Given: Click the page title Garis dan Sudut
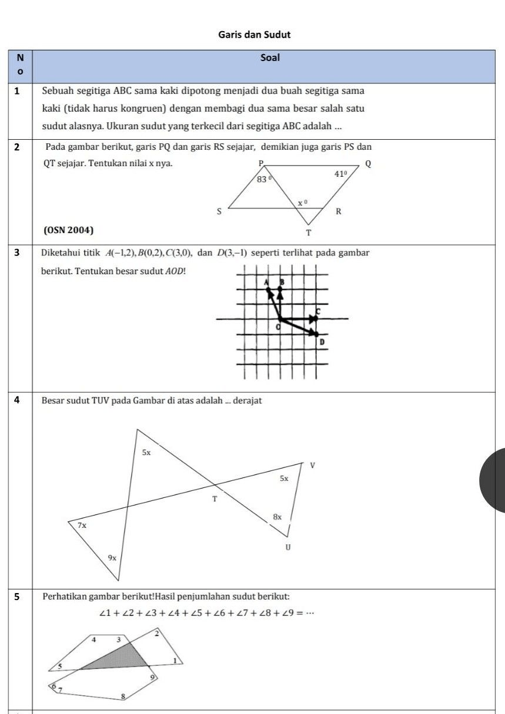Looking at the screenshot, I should click(255, 35).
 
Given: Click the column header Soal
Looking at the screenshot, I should click(270, 58).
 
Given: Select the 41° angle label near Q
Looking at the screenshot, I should click(341, 174).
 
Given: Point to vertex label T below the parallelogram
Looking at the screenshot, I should click(309, 233).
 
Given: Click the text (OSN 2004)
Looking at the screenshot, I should click(69, 230).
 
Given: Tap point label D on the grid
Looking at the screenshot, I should click(322, 342).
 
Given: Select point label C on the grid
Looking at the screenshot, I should click(318, 310).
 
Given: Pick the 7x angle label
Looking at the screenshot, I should click(82, 525).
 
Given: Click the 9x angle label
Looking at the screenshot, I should click(112, 557).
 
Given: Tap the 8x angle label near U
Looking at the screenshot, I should click(277, 517).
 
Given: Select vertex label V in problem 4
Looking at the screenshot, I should click(312, 465).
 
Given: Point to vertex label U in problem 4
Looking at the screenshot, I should click(287, 547).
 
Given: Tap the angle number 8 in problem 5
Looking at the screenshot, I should click(123, 696).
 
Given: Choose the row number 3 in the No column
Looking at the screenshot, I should click(16, 253).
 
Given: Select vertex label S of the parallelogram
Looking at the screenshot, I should click(219, 211).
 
